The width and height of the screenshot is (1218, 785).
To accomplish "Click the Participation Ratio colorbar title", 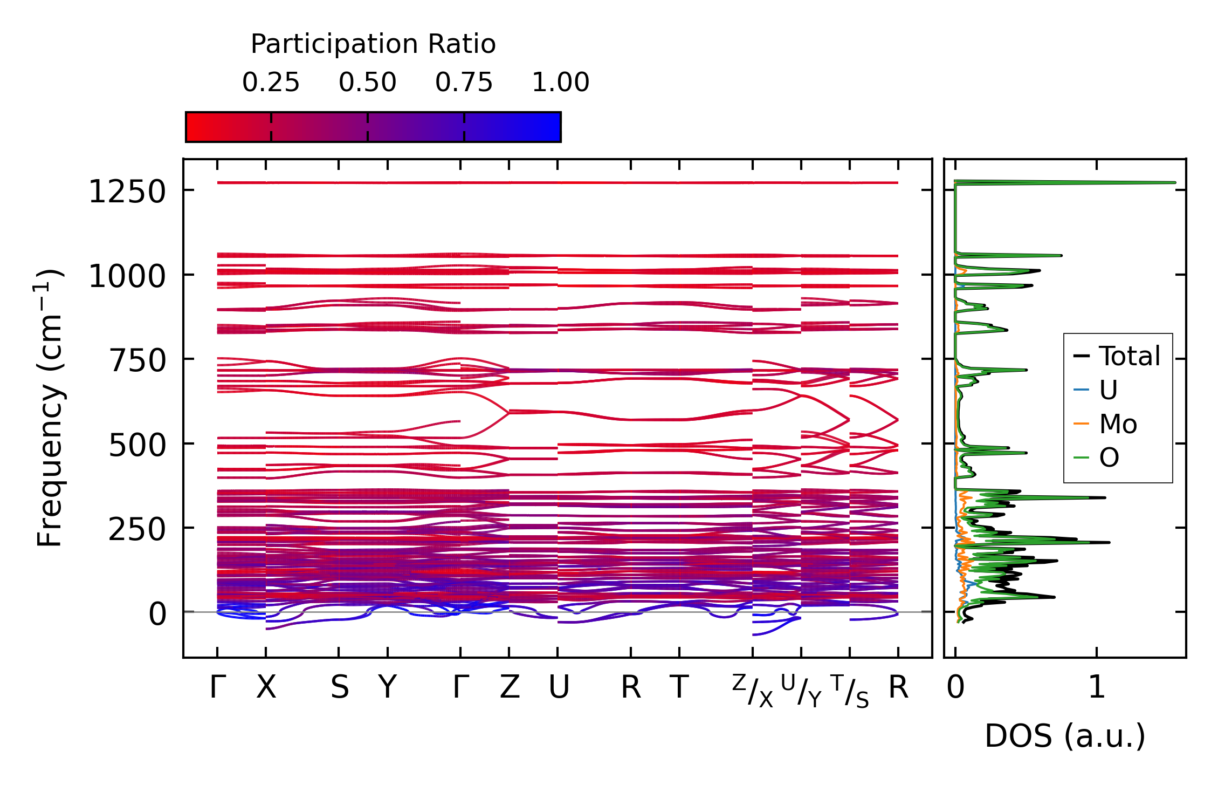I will click(x=373, y=44).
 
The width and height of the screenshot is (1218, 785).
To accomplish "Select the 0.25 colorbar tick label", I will click(x=271, y=83).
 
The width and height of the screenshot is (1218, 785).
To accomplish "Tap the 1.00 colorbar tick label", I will click(x=560, y=83).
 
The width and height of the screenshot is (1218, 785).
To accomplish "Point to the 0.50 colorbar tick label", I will click(x=367, y=83).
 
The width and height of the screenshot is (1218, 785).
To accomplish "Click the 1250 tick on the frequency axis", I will click(x=127, y=192).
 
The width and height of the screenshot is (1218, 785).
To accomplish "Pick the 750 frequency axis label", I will click(x=137, y=360).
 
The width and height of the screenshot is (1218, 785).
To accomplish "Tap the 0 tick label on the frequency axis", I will click(x=157, y=614).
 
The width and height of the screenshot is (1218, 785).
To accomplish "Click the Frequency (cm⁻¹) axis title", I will click(x=50, y=408).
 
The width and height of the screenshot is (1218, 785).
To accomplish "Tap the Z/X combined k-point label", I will click(x=753, y=691).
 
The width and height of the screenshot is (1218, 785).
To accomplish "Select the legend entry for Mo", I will click(x=1118, y=424).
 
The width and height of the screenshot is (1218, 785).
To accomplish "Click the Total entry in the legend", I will click(x=1129, y=356).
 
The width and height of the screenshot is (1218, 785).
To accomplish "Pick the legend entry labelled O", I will click(x=1109, y=458).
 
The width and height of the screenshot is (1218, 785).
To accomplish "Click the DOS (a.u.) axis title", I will click(x=1065, y=736).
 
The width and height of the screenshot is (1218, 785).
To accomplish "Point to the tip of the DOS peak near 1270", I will click(x=1175, y=182).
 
